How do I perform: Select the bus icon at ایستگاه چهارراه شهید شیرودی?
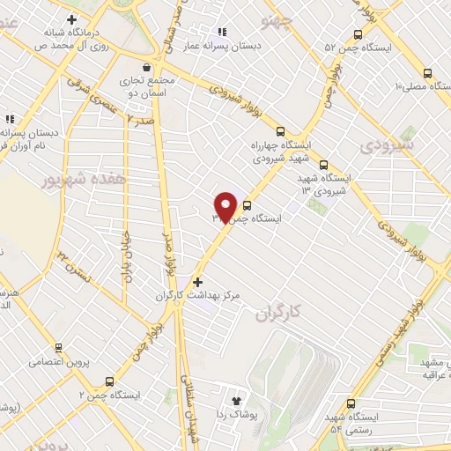(x=281, y=132)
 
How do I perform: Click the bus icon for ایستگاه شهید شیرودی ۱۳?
(x=323, y=164)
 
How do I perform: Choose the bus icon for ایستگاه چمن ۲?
(x=109, y=381)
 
